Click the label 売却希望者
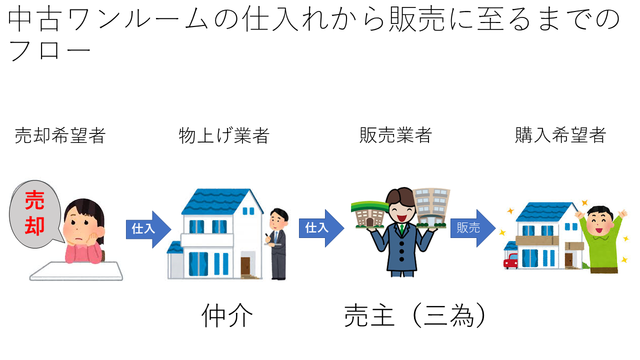click(60, 135)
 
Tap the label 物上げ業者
click(224, 135)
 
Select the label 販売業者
click(395, 135)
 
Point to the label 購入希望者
click(560, 135)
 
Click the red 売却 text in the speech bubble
click(35, 212)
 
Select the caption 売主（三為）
click(415, 316)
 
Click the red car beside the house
click(511, 260)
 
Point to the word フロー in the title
click(50, 50)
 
